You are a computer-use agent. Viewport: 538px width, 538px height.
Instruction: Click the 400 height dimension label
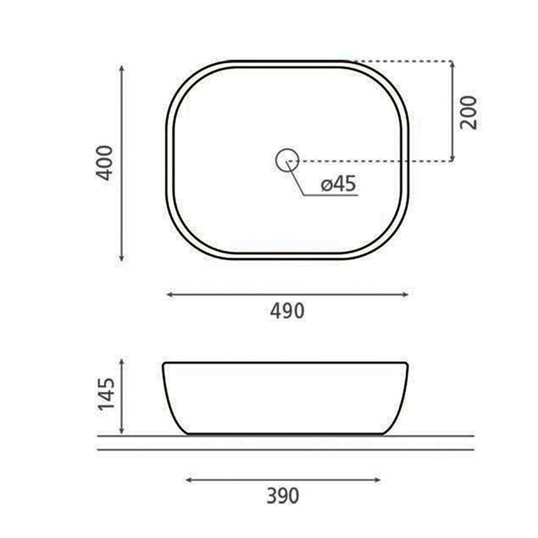[x=108, y=162]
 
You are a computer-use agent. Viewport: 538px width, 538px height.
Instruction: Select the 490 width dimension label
[x=287, y=311]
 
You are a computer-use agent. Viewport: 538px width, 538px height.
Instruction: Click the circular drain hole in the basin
[x=287, y=160]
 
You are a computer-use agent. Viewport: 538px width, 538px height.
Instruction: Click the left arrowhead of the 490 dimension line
[x=171, y=294]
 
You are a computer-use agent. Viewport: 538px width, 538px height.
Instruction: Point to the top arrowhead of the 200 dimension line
[x=452, y=63]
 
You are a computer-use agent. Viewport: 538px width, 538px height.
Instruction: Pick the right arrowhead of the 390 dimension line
[x=379, y=480]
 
